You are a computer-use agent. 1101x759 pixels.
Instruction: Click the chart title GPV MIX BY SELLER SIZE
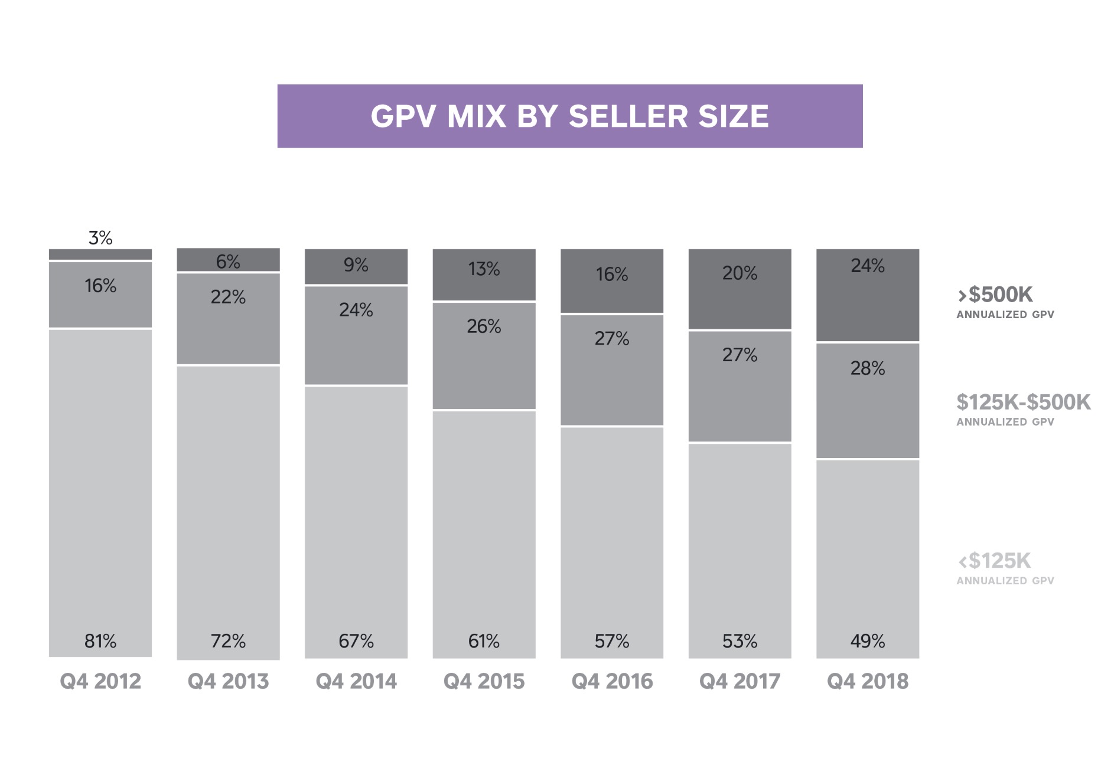tap(569, 116)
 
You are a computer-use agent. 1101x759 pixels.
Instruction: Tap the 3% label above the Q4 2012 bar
tap(100, 238)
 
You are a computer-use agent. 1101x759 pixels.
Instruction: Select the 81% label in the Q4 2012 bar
tap(100, 641)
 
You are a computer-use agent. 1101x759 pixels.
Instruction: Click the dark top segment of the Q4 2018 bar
tap(867, 295)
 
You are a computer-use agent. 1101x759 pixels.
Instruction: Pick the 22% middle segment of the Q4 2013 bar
tap(228, 319)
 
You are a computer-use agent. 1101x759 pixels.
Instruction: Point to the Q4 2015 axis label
tap(484, 682)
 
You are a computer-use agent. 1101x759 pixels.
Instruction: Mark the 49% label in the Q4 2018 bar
tap(867, 641)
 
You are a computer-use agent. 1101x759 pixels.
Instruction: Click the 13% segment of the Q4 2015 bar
tap(484, 275)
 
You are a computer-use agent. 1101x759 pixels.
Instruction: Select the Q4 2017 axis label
tap(740, 682)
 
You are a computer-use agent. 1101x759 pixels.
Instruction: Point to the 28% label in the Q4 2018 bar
tap(867, 369)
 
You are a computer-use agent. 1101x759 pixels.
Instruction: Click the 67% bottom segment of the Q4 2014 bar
tap(356, 519)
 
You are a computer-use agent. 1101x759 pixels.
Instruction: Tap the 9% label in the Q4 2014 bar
tap(356, 265)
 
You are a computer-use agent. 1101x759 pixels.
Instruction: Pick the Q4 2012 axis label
tap(100, 682)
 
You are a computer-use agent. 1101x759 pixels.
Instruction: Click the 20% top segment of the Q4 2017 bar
tap(740, 289)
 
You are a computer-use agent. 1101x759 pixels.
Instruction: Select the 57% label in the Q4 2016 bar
tap(611, 641)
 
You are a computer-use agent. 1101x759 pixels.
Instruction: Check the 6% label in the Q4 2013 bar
tap(228, 261)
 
